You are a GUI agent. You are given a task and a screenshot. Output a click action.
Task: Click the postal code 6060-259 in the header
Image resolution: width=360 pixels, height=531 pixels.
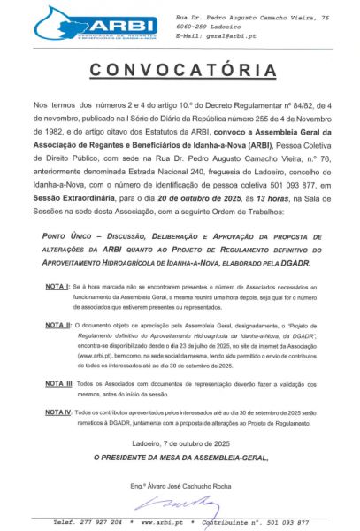(194, 27)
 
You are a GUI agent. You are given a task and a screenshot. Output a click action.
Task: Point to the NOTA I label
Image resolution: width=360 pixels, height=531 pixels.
(57, 289)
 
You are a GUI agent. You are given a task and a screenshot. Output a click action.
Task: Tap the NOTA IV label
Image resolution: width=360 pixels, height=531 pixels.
(58, 412)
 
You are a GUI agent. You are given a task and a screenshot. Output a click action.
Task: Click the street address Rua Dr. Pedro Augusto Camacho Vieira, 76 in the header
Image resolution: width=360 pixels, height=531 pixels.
(252, 17)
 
